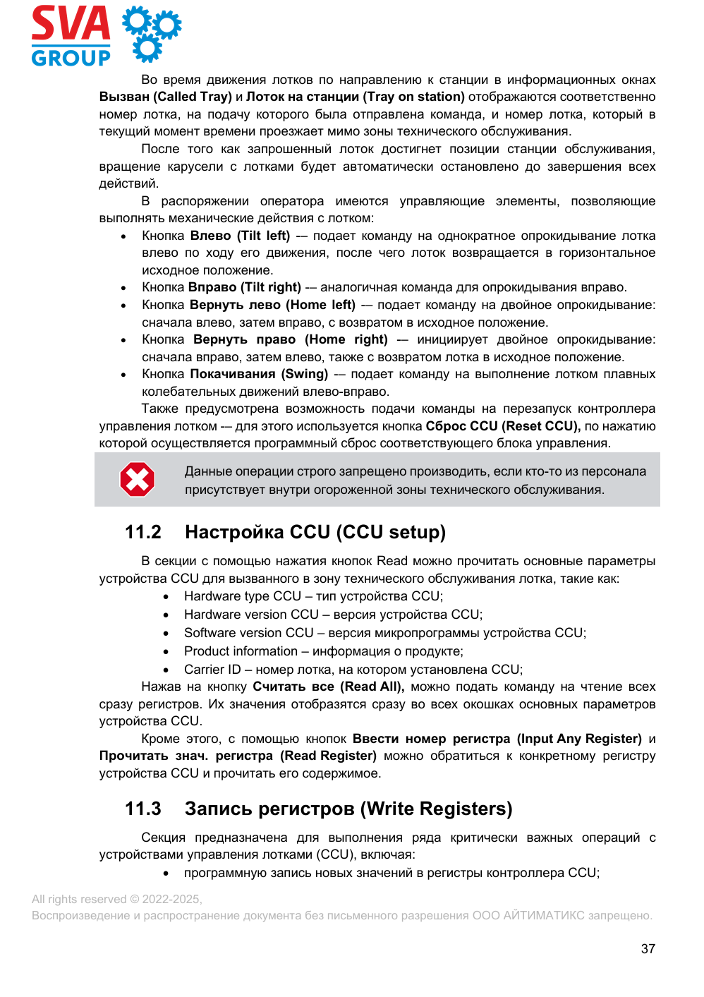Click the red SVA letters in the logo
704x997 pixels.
tap(71, 24)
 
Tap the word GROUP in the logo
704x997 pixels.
tap(71, 58)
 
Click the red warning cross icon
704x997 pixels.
tap(137, 480)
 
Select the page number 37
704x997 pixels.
tap(648, 949)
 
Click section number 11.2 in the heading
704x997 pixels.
tap(142, 532)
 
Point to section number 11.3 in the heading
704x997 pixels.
tap(142, 809)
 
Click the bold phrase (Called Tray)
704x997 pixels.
tap(193, 97)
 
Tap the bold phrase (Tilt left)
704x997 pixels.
tap(263, 236)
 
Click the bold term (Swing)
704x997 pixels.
tap(305, 374)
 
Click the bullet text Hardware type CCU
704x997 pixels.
tap(243, 596)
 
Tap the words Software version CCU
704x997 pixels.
tap(248, 633)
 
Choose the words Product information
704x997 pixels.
tap(241, 651)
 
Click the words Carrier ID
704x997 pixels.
tap(212, 670)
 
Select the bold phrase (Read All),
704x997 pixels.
tap(372, 687)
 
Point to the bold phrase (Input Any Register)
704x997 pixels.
tap(579, 739)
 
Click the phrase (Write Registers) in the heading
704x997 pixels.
tap(436, 809)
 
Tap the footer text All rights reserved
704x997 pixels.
tap(79, 899)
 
